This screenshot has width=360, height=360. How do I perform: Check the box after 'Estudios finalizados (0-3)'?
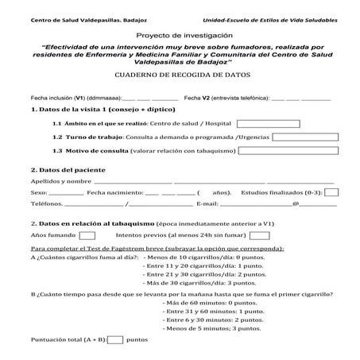[332, 192]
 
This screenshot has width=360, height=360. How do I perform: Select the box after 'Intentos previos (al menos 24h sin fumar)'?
[260, 235]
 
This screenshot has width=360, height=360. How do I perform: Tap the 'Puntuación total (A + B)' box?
[114, 339]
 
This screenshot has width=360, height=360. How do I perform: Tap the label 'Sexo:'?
[38, 192]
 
